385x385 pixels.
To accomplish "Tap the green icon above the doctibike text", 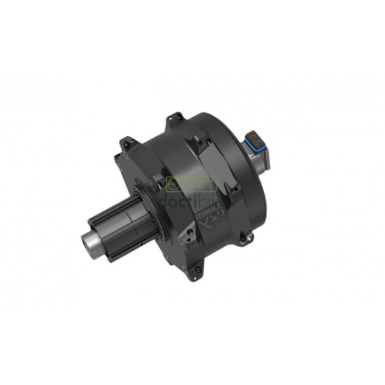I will click(192, 183).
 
